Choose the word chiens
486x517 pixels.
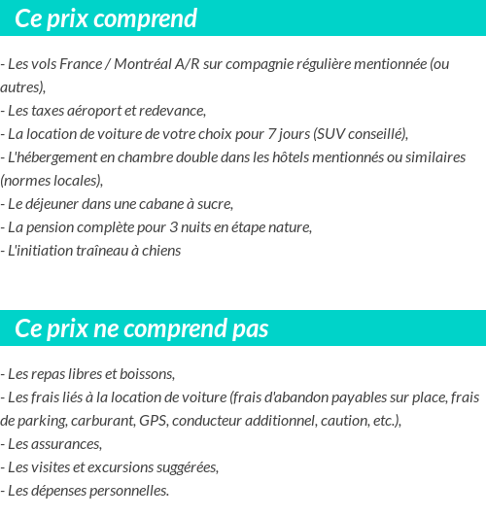pyautogui.click(x=159, y=251)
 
